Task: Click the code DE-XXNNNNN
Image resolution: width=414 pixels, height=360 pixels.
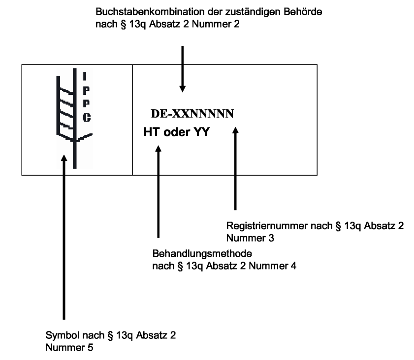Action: click(192, 114)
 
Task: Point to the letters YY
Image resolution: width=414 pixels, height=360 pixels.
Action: click(201, 131)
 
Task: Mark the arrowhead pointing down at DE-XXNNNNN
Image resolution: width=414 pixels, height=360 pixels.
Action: click(183, 89)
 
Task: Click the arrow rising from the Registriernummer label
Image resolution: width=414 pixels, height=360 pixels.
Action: click(235, 167)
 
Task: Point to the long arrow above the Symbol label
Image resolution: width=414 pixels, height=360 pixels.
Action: click(64, 236)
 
